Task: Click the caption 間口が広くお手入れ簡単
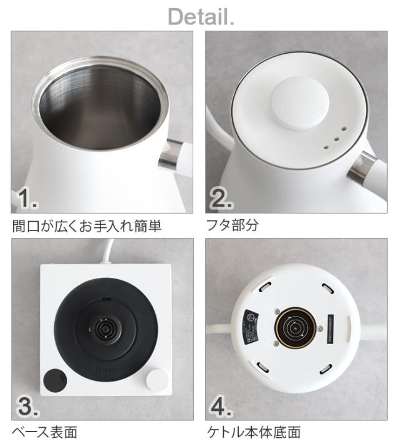tap(87, 225)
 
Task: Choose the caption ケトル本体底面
tap(252, 432)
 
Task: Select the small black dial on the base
tap(54, 379)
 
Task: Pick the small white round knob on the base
tap(156, 378)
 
